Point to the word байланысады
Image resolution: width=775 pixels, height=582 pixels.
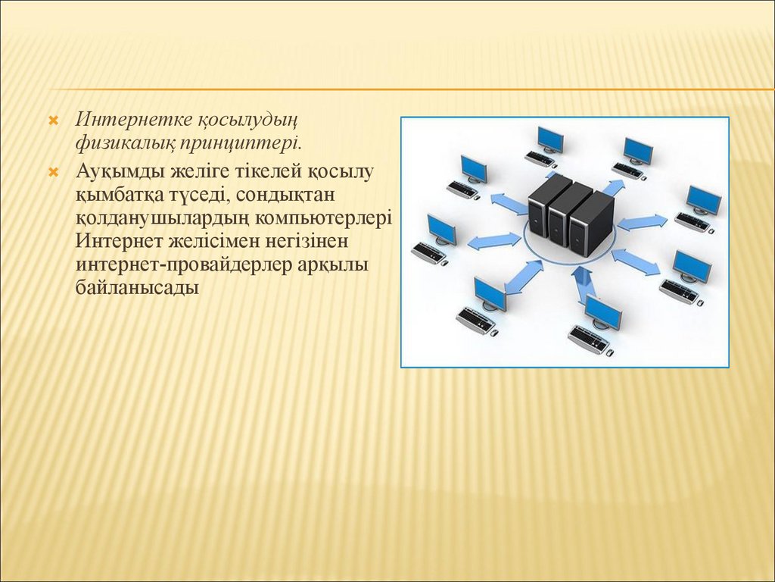pos(138,288)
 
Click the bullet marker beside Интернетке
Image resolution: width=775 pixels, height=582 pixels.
pos(54,120)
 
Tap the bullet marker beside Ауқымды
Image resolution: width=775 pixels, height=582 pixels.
pos(54,173)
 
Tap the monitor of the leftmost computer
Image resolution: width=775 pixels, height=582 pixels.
pos(442,228)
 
